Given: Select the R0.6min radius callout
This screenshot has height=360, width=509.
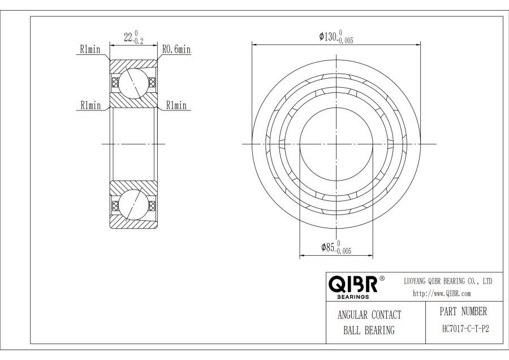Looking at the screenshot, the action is click(176, 49).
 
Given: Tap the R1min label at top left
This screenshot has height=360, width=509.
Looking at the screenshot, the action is click(90, 49).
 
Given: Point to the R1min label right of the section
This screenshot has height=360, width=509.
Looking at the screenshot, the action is click(176, 105).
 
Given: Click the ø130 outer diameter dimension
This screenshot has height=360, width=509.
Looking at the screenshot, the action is click(336, 37).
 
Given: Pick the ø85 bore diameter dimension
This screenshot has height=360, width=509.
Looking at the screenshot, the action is click(337, 247).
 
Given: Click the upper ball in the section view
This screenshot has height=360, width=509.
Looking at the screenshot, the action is click(132, 83).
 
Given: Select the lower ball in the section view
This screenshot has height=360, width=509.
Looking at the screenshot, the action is click(132, 205).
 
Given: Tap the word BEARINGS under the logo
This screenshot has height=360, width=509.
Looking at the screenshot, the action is click(353, 297).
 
